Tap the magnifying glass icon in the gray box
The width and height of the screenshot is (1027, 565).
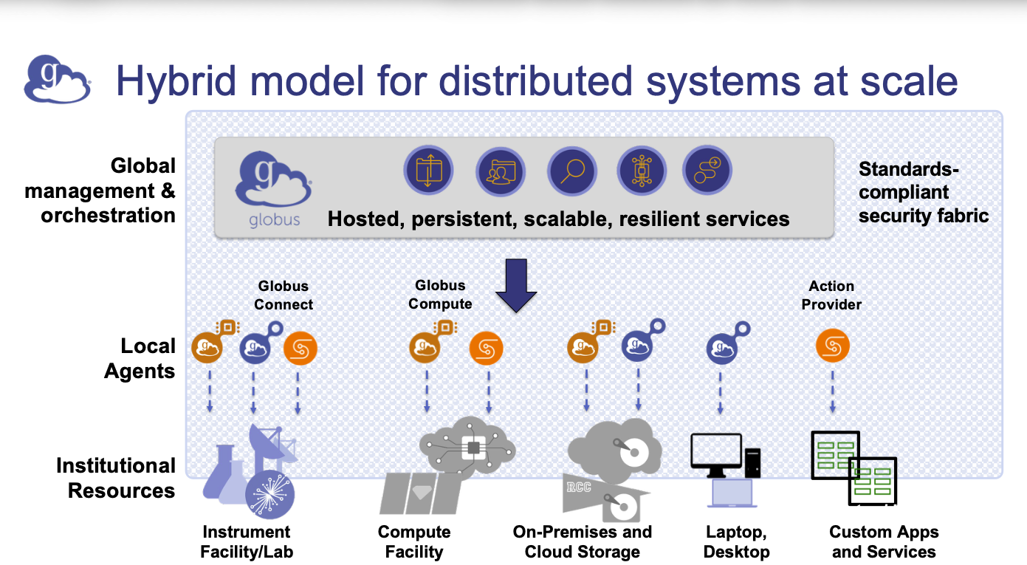click(x=571, y=171)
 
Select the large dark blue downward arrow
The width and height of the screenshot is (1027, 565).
click(x=515, y=285)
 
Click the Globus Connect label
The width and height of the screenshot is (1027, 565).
click(x=284, y=295)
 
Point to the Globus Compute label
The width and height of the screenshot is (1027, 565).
click(x=441, y=295)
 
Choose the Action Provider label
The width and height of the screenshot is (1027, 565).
click(x=831, y=295)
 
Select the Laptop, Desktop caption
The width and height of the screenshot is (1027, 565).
click(x=736, y=542)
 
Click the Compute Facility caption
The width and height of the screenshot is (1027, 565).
click(x=414, y=542)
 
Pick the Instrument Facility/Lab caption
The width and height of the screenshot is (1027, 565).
click(x=247, y=542)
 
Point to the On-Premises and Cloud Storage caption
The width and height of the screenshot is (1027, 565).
click(x=583, y=542)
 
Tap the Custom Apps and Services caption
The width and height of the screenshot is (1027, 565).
click(x=884, y=542)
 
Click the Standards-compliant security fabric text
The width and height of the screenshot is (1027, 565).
click(x=923, y=193)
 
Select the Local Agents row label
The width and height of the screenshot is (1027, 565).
click(x=140, y=358)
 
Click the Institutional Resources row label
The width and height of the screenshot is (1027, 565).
click(x=116, y=479)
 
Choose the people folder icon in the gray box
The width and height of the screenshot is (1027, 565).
click(x=500, y=171)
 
